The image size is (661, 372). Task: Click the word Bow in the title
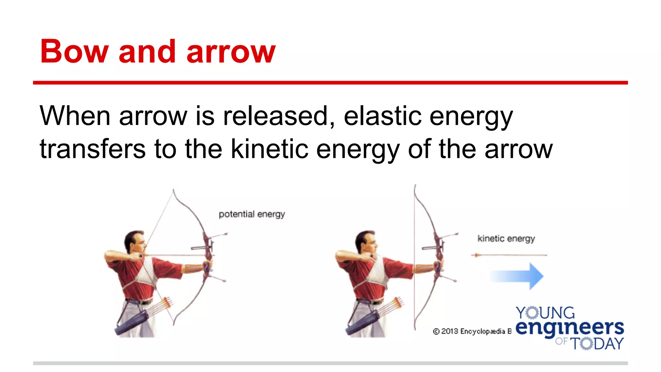click(x=74, y=52)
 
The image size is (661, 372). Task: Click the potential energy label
click(x=252, y=214)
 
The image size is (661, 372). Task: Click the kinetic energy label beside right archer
click(x=506, y=239)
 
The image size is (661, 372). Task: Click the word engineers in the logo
click(x=569, y=327)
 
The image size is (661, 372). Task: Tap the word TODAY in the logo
click(x=597, y=344)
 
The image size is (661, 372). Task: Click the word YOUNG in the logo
click(x=545, y=313)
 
